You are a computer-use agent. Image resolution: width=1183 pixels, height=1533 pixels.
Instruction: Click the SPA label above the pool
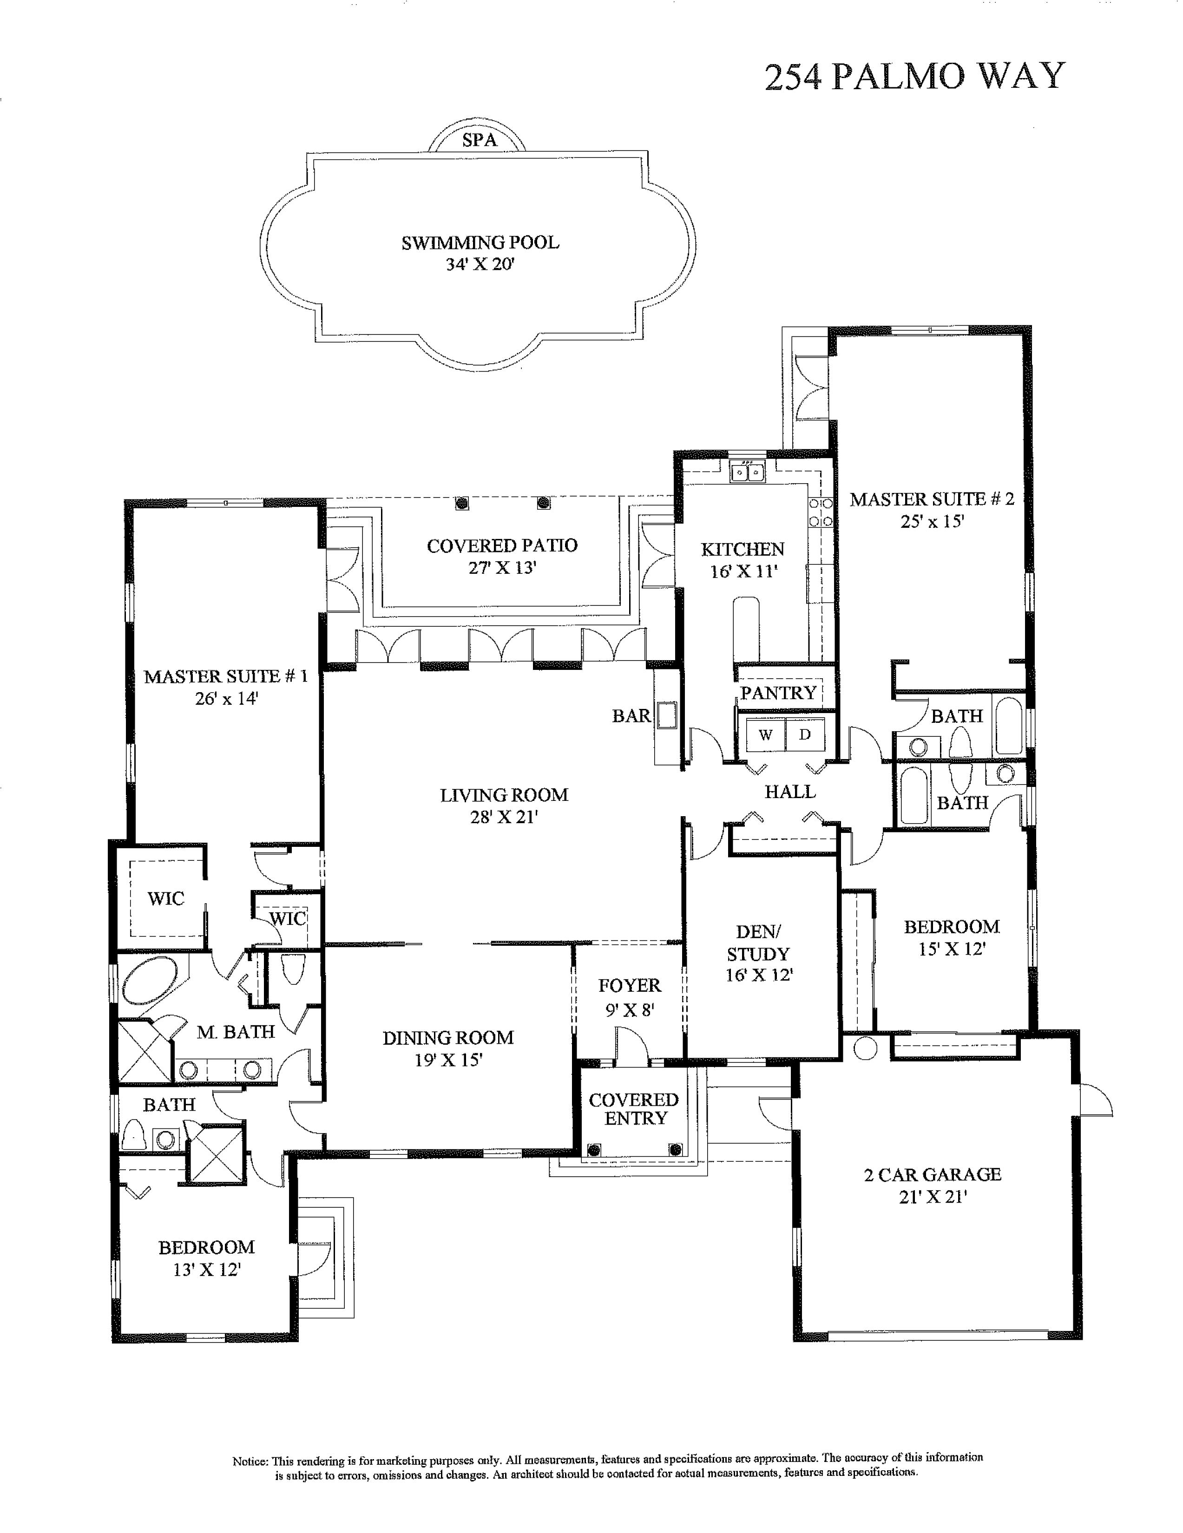tap(480, 140)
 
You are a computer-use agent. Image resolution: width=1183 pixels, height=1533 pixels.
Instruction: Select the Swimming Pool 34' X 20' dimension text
tap(480, 265)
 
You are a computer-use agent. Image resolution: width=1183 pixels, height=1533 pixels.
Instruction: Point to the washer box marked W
tap(765, 735)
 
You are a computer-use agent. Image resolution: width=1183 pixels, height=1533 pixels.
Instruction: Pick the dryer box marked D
tap(805, 735)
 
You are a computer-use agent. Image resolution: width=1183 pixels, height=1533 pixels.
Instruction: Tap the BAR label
tap(631, 715)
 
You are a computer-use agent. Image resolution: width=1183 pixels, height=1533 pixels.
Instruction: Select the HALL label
tap(790, 792)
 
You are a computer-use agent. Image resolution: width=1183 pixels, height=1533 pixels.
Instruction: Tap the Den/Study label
tap(758, 943)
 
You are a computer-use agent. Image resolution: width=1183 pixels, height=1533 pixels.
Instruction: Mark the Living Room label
tap(503, 795)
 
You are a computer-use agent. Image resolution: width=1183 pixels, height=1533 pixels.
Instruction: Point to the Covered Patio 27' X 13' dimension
tap(502, 568)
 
